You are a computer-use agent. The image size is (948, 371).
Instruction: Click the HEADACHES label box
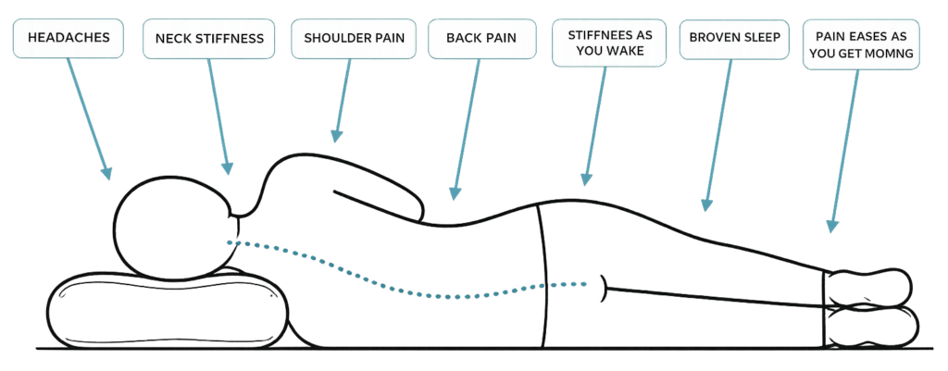(69, 38)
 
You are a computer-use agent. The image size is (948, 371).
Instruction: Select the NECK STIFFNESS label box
(209, 39)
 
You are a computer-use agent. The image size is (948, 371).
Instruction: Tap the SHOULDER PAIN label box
(354, 39)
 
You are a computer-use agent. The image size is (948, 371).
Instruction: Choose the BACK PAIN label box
(481, 39)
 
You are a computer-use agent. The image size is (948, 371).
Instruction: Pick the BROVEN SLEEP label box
(734, 39)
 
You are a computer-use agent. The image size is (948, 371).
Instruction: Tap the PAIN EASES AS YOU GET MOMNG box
(861, 44)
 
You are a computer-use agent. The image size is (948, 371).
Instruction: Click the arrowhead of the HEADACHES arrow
(106, 172)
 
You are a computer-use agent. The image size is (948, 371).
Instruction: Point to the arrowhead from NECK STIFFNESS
(228, 167)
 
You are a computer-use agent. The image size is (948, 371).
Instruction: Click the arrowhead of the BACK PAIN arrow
(455, 192)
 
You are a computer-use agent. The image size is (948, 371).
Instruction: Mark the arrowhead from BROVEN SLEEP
(705, 204)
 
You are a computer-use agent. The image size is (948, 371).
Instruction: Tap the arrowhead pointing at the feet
(832, 225)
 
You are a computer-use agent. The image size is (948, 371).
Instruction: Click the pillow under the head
(163, 310)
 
